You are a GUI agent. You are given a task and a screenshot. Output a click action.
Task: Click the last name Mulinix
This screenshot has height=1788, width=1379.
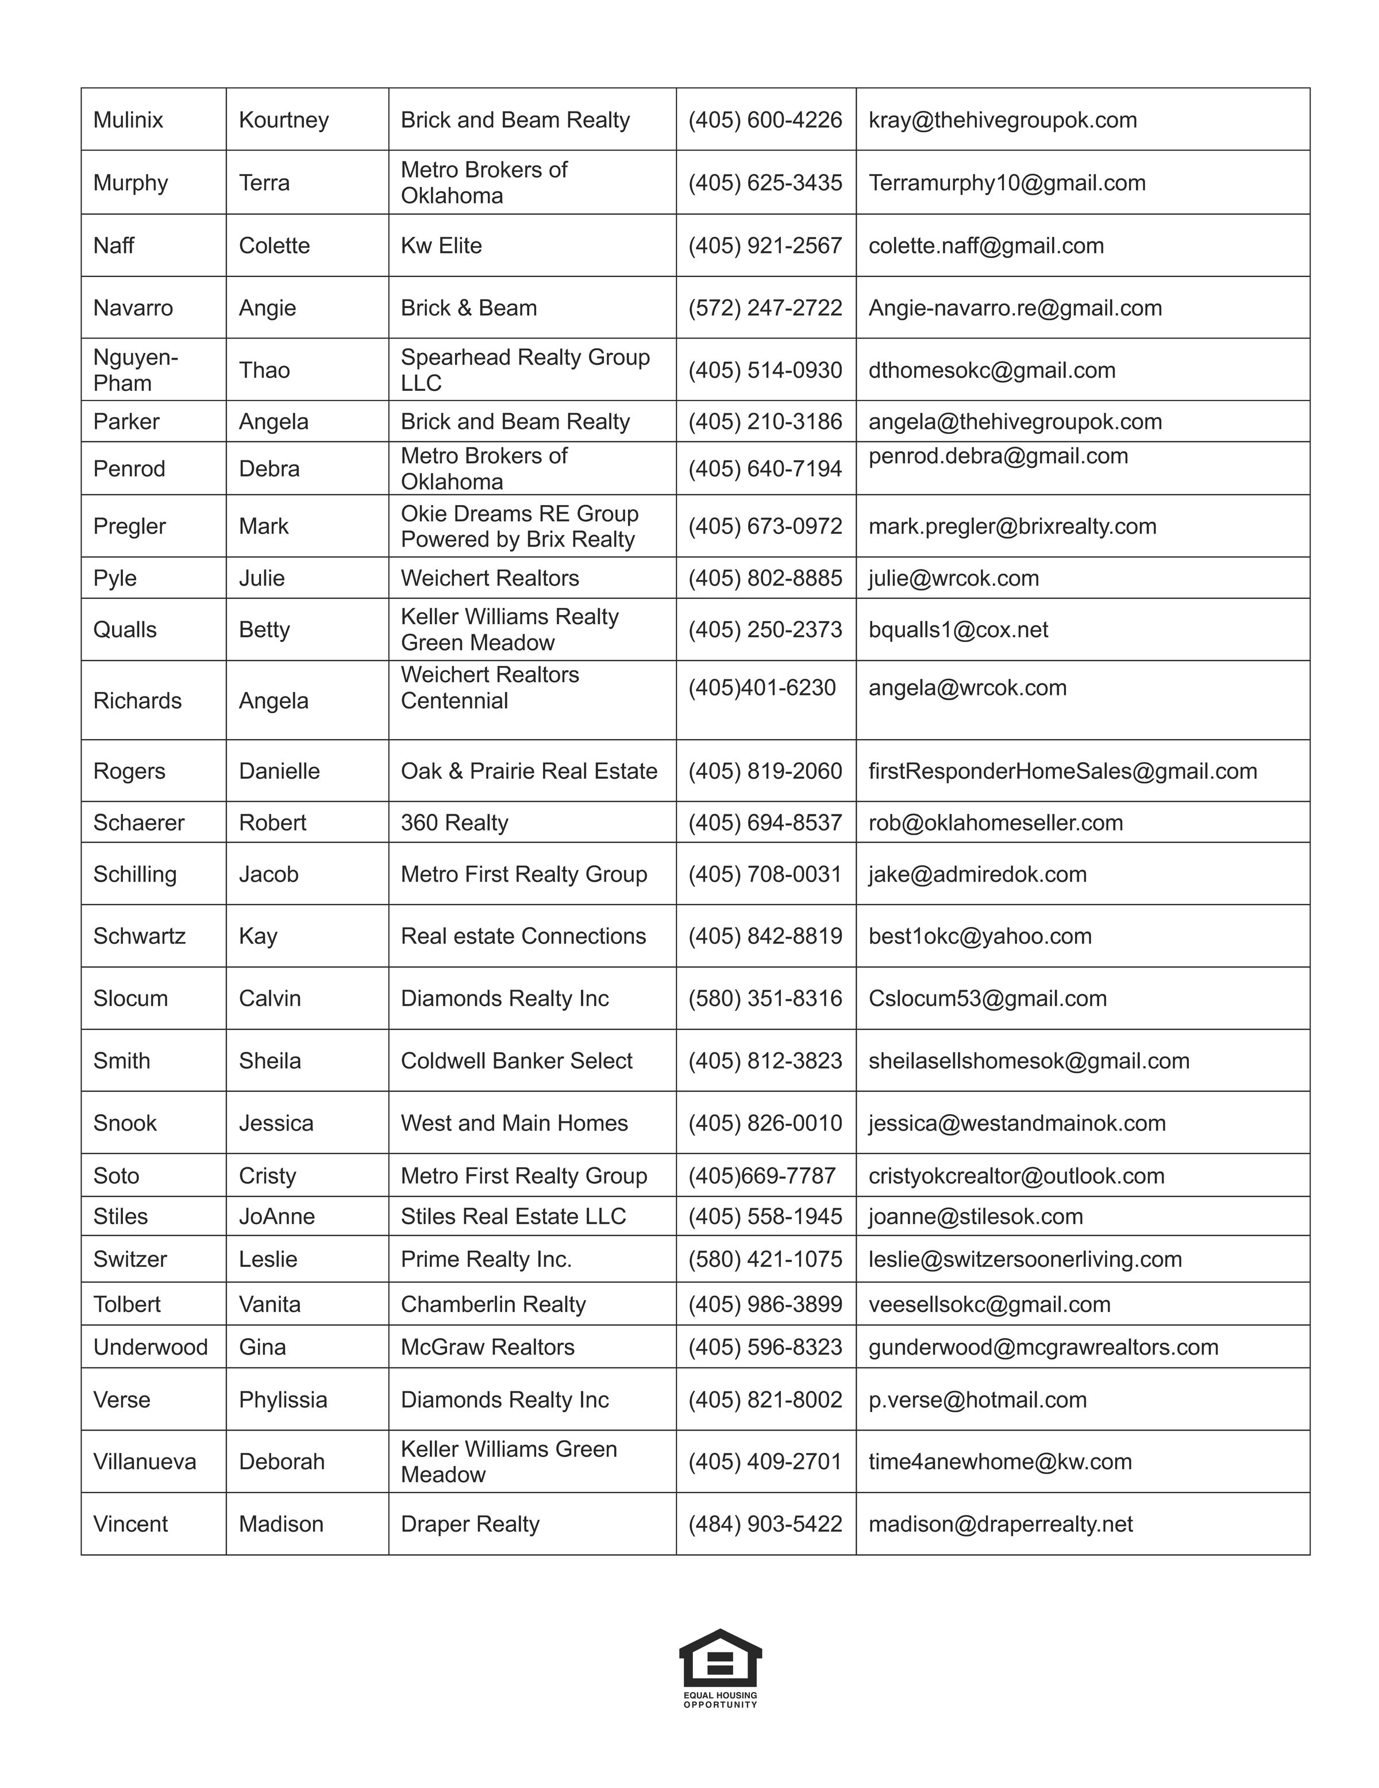coord(129,120)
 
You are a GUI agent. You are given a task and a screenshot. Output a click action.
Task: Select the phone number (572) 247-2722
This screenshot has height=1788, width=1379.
coord(765,308)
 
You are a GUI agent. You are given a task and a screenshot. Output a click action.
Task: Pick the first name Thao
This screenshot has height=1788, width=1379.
coord(264,370)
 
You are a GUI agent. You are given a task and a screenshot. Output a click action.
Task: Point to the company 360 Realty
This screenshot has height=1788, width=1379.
coord(454,823)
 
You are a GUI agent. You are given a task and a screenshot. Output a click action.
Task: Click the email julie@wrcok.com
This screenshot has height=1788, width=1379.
coord(953,578)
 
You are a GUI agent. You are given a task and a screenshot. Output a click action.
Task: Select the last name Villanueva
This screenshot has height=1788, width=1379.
coord(145,1462)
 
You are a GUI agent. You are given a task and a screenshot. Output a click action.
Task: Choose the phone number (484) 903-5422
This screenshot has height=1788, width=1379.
coord(765,1524)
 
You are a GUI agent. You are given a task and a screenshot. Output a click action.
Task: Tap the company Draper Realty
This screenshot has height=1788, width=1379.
coord(470,1524)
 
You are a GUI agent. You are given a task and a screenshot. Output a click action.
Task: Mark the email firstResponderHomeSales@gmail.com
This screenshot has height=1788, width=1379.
coord(1062,771)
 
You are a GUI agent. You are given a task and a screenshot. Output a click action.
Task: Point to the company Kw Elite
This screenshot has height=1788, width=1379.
coord(441,245)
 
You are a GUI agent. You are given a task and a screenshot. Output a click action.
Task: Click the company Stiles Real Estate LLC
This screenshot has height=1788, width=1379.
coord(513,1217)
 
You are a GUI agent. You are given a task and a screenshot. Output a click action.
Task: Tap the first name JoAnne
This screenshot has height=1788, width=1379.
coord(276,1217)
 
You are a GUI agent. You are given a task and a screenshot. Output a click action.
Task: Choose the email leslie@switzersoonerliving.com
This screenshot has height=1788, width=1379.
coord(1024,1259)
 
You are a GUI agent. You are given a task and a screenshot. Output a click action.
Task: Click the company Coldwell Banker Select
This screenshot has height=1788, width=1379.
coord(517,1060)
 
